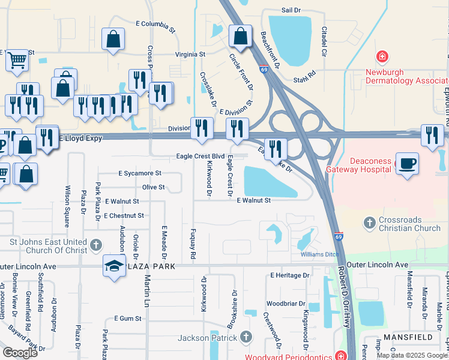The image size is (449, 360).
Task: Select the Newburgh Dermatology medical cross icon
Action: pos(381,58)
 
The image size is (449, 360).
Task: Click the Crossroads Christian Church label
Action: pos(409,224)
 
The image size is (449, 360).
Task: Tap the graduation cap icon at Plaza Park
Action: pos(113,265)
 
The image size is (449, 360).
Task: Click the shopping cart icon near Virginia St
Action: pos(17,59)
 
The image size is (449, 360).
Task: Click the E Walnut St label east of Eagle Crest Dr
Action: pos(253,200)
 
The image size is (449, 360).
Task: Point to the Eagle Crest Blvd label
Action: pos(200,156)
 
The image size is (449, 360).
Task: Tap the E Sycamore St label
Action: pos(140,173)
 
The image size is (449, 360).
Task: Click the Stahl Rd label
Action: pos(304,72)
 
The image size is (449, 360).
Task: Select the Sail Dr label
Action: pos(291,11)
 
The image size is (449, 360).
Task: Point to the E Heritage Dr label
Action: pos(289,275)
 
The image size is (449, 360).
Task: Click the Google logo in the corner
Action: pos(20,352)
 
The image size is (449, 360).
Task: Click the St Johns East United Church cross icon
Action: pos(98,245)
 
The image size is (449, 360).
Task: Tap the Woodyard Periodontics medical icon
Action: pos(340,355)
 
